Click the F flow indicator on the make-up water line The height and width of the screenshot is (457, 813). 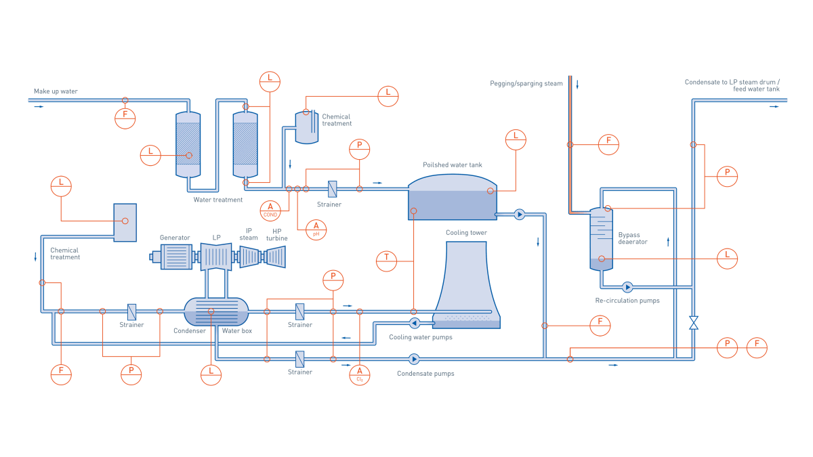point(125,118)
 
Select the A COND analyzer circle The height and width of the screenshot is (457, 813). point(270,211)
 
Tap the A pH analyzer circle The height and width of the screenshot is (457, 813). point(316,230)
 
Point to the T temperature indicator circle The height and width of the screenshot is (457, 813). point(386,261)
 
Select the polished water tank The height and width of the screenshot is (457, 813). point(452,198)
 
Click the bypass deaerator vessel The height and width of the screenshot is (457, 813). point(601,239)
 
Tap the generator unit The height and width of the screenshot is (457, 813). point(175,257)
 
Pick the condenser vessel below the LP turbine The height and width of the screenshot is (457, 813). point(216,311)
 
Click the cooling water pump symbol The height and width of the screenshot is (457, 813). point(415,323)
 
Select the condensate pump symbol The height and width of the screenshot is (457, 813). point(414,359)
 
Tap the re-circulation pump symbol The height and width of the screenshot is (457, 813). point(627,287)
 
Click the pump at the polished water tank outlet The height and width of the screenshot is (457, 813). point(519,215)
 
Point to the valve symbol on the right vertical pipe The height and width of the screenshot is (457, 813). point(693,322)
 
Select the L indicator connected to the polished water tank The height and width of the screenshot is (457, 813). point(516,139)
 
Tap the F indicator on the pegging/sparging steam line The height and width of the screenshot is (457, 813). point(608,144)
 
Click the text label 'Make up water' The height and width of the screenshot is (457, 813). point(56,91)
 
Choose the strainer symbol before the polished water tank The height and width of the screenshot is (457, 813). point(332,189)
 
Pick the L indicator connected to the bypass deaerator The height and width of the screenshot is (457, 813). point(727,258)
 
